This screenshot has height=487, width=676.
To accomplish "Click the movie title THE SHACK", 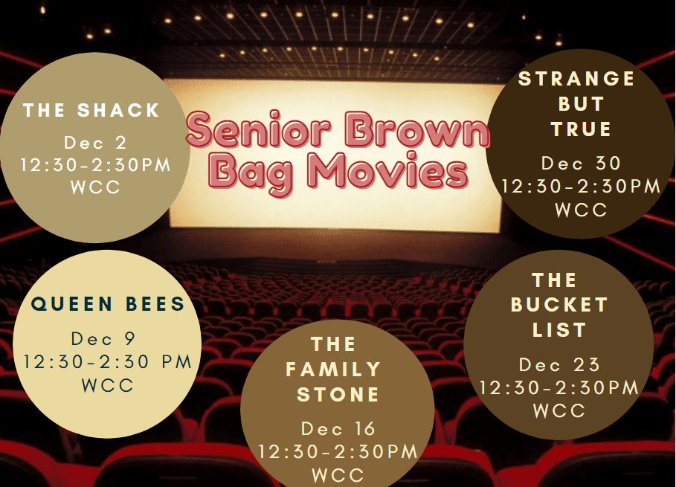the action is tap(91, 110).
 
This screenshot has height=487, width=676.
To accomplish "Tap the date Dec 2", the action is tap(95, 143).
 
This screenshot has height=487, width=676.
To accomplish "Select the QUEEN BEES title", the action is tap(108, 304).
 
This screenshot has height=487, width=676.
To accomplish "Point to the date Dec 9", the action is tap(103, 339).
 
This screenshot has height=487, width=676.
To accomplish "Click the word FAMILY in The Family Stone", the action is tap(333, 370).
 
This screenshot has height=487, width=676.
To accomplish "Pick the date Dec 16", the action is tap(338, 429).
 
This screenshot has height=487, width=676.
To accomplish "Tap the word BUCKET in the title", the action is tap(559, 305).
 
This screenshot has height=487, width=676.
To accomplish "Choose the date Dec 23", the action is tap(559, 364).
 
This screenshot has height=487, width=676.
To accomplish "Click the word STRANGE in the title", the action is tap(576, 79).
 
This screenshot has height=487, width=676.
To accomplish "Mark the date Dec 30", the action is tap(581, 164).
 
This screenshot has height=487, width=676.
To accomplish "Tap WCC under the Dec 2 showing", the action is tap(95, 187).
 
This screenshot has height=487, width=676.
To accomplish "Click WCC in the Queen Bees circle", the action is tap(108, 385).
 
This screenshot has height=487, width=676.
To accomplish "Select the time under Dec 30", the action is tap(581, 187).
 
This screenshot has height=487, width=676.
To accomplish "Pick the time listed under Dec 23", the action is tap(559, 387).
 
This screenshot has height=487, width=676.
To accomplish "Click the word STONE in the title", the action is tap(338, 395).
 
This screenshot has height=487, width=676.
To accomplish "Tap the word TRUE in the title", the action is tap(581, 129).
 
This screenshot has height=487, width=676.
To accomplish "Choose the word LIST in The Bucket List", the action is tap(559, 330).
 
